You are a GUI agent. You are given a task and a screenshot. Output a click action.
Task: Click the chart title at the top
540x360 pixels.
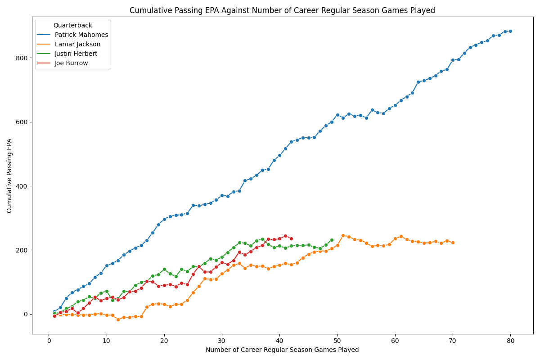(x=282, y=10)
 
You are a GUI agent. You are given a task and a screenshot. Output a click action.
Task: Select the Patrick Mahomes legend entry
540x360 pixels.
(x=81, y=35)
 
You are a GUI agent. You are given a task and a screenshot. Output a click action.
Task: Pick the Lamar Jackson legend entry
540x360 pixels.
(x=77, y=44)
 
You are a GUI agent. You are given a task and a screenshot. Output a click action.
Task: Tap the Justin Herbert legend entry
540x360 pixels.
(x=76, y=54)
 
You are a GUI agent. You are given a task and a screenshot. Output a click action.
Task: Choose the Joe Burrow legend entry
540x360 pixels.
(x=72, y=63)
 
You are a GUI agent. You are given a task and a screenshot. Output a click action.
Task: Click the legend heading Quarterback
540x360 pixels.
(x=73, y=25)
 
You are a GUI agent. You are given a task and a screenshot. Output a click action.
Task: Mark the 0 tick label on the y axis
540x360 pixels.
(x=26, y=314)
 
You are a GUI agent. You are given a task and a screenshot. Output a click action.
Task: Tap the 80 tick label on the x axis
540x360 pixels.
(x=510, y=341)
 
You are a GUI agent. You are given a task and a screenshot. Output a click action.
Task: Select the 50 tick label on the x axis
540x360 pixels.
(x=337, y=341)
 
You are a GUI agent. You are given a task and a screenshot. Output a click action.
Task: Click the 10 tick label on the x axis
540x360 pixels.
(x=107, y=341)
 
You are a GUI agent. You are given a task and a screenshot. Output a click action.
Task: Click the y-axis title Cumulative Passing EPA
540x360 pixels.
(x=9, y=175)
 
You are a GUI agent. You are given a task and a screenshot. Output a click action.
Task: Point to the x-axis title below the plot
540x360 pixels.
(x=282, y=350)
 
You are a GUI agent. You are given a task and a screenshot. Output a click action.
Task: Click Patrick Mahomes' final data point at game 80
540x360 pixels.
(x=510, y=31)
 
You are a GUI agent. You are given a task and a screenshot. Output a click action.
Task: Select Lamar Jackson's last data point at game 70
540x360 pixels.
(x=453, y=243)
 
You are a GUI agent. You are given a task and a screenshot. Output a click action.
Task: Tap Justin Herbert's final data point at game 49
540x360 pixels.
(x=332, y=240)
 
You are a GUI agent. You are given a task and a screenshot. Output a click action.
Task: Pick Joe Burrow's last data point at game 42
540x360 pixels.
(x=291, y=238)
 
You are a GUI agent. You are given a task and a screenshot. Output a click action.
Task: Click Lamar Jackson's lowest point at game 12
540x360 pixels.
(x=118, y=319)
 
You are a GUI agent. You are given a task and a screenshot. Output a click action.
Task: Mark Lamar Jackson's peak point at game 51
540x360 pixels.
(x=343, y=235)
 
